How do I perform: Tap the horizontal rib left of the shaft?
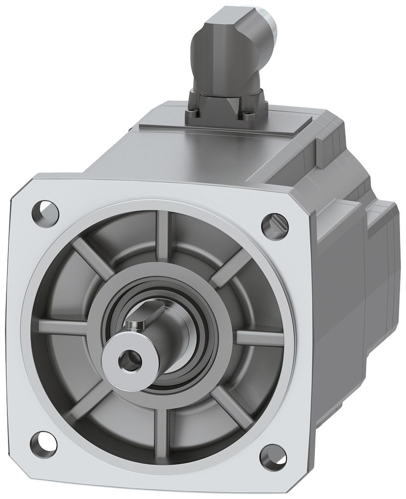70,327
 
